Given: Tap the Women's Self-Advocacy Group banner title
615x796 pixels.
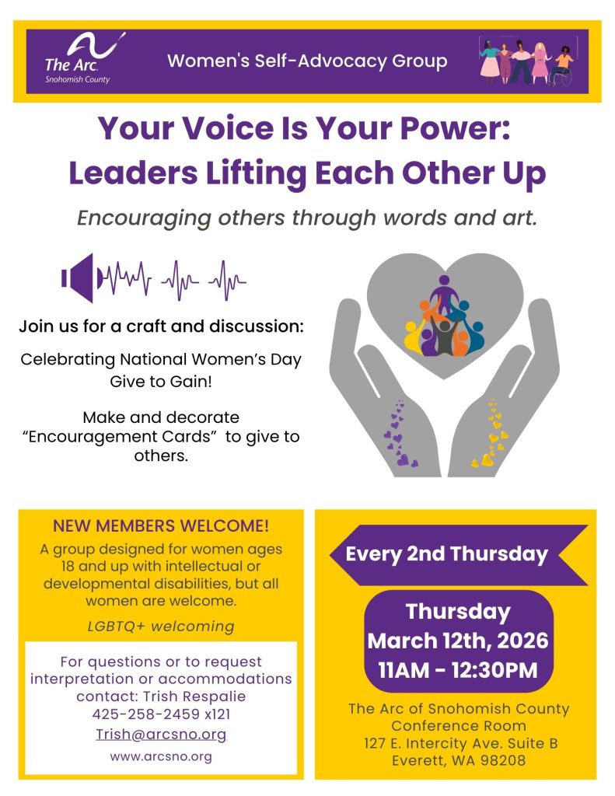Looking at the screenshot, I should tap(307, 61).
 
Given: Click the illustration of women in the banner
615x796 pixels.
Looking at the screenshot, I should tap(526, 61).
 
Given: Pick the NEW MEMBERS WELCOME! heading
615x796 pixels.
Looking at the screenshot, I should tap(161, 526).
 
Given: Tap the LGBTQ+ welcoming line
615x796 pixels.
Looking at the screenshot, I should tap(161, 625).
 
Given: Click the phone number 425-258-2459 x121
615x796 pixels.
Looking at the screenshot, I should tap(161, 713).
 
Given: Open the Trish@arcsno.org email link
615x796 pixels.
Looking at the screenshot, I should tap(161, 735).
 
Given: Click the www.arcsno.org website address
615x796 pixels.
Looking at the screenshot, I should tap(161, 756).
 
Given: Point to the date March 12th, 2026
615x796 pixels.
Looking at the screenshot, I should tap(458, 641).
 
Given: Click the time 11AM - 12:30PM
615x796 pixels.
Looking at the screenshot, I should tap(458, 669).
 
